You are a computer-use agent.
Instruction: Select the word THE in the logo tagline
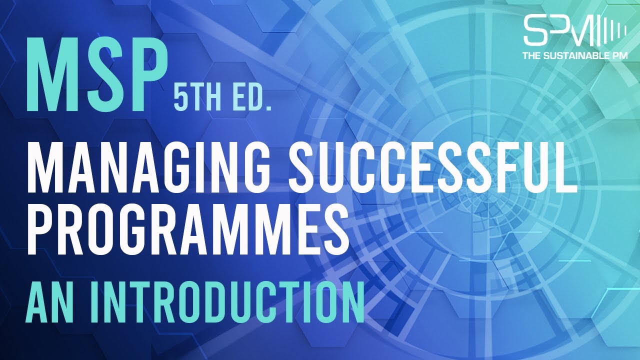(531, 56)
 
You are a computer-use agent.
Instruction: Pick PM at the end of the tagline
(619, 56)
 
